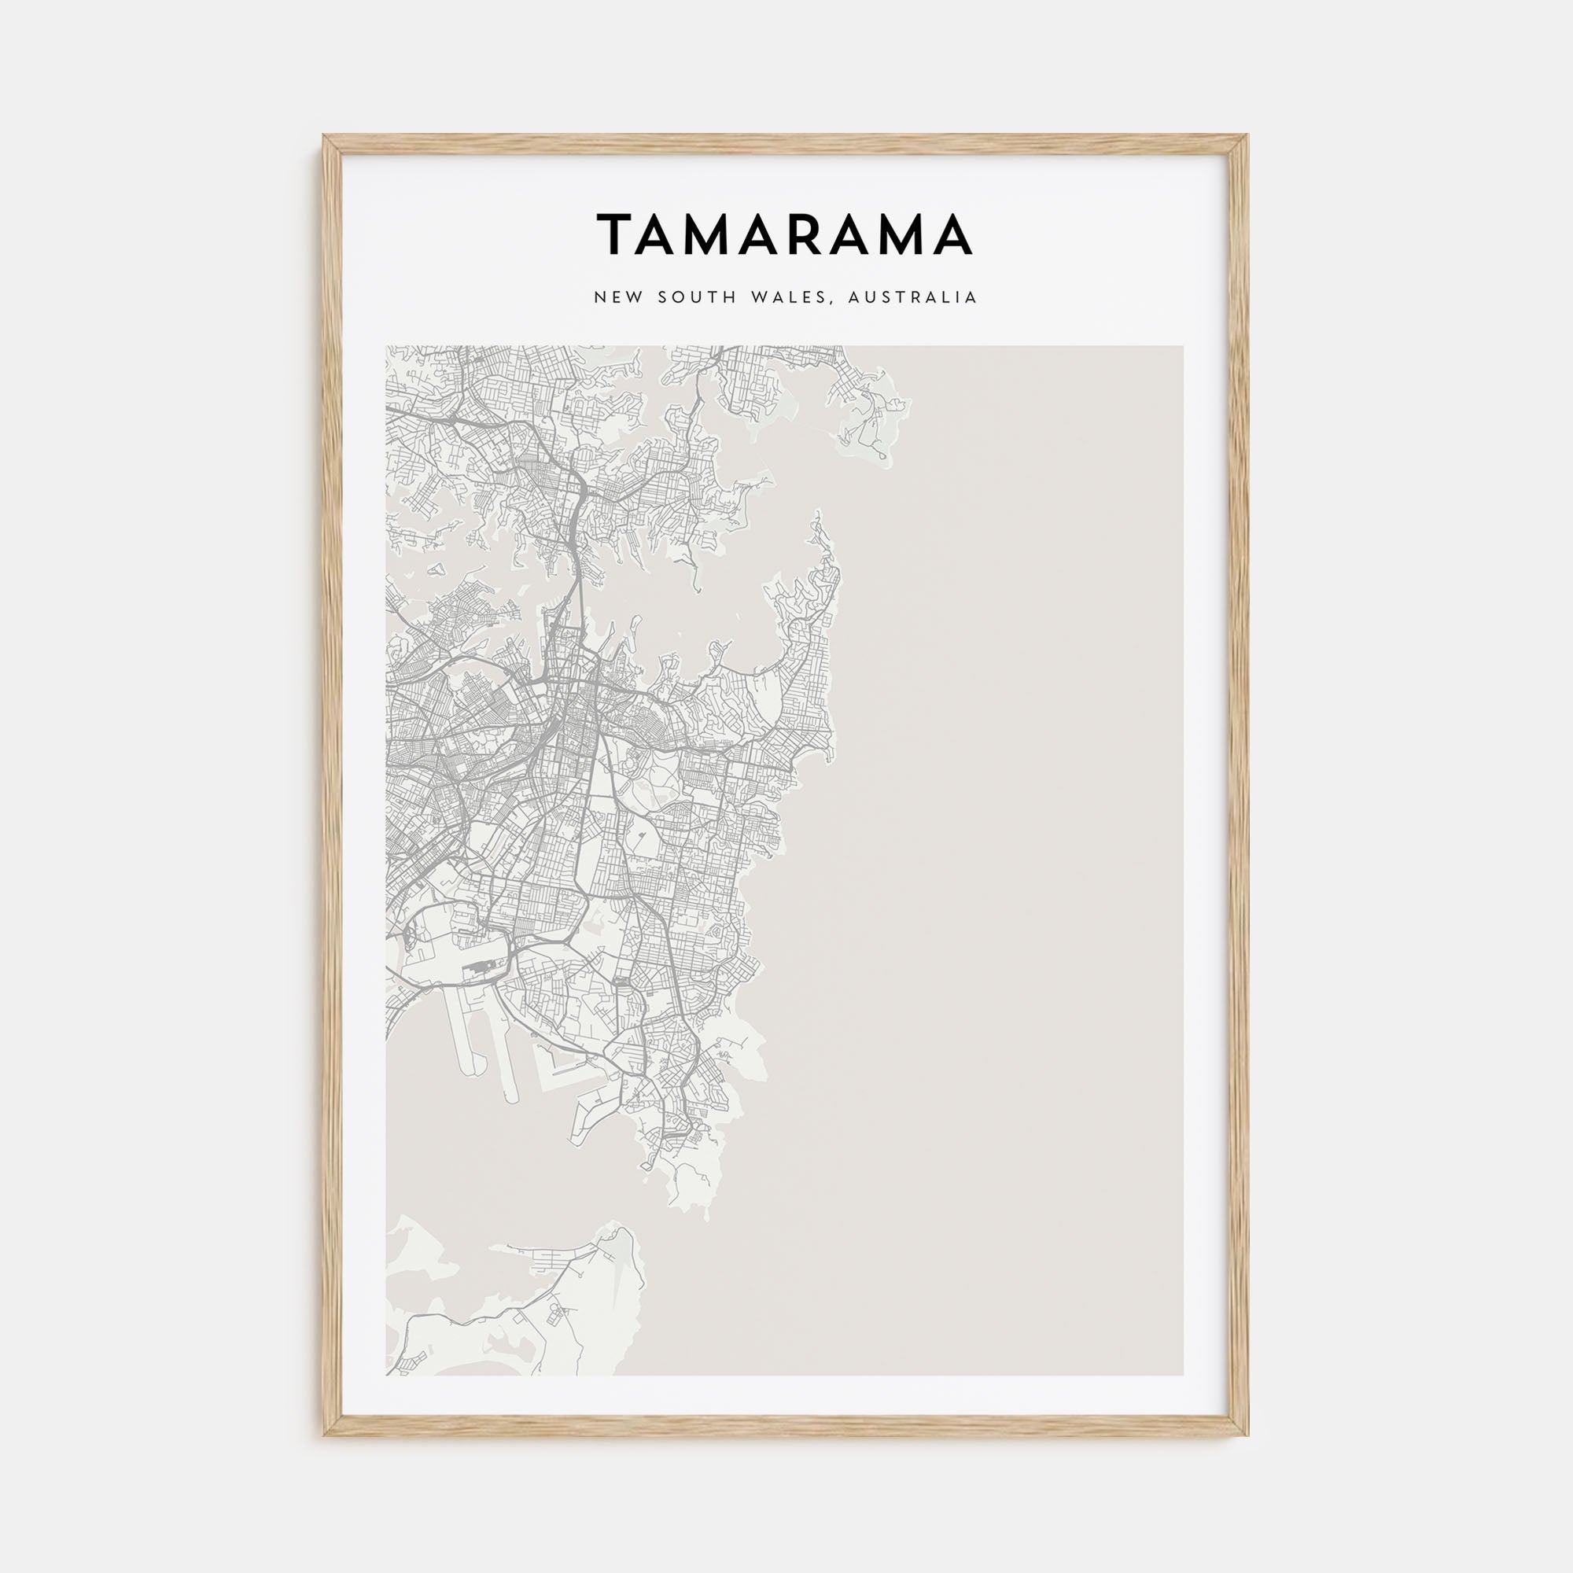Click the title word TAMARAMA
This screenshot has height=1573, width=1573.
click(x=785, y=234)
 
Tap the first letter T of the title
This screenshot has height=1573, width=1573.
click(x=616, y=234)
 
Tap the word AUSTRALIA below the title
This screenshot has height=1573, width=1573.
click(x=912, y=298)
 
